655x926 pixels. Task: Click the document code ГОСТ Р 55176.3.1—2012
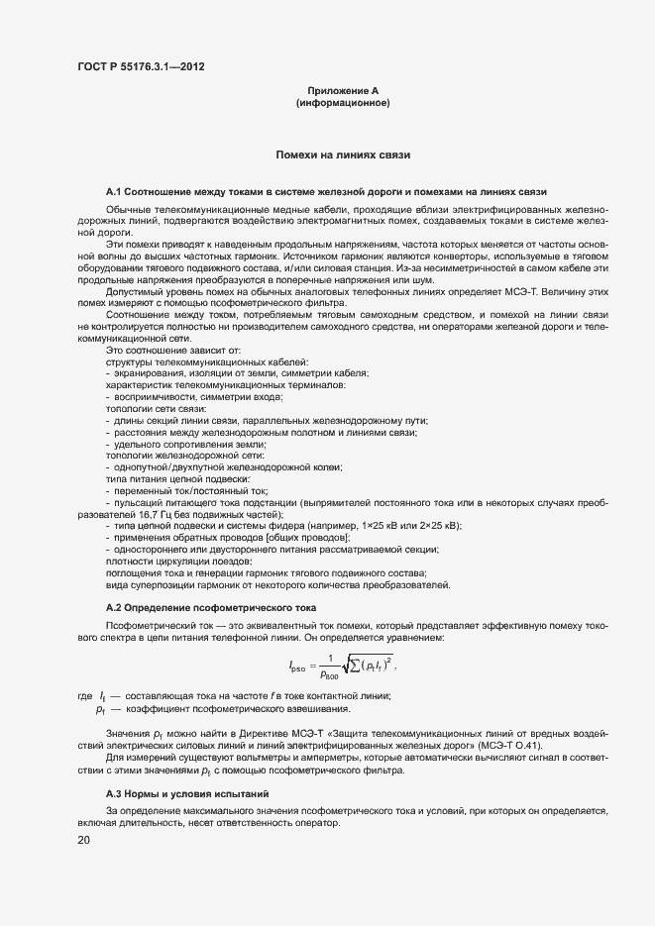[142, 67]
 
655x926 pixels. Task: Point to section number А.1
[113, 190]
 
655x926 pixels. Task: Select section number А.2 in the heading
[113, 606]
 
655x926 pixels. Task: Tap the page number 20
[83, 841]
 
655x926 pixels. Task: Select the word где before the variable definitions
[85, 697]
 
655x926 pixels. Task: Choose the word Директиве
[256, 732]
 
